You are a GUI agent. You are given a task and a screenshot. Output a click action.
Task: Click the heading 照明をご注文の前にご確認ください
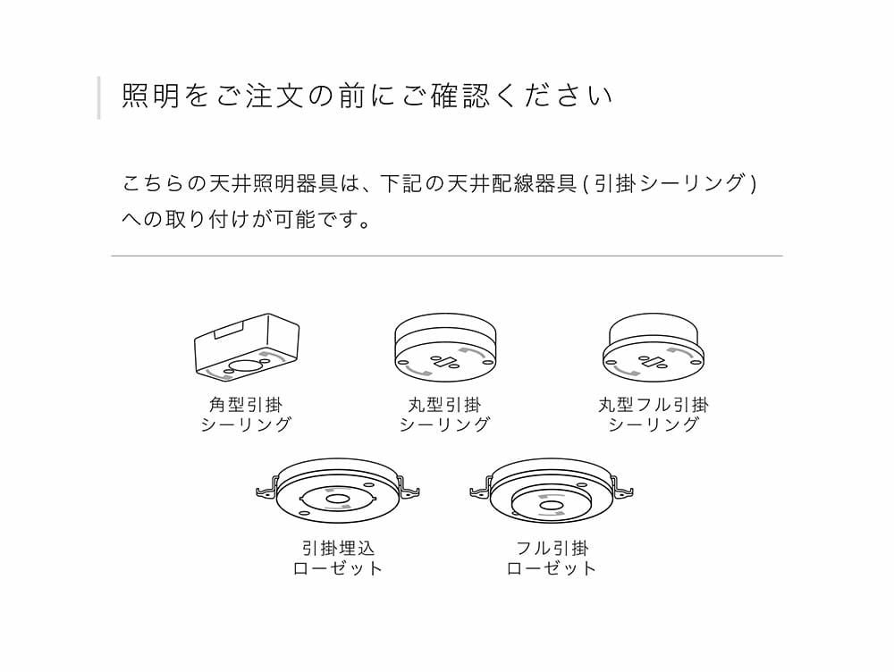point(367,97)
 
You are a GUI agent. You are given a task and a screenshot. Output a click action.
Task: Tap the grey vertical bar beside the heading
point(99,97)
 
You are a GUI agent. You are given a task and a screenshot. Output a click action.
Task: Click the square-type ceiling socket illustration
point(247,346)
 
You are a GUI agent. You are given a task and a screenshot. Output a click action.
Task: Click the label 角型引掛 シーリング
point(247,415)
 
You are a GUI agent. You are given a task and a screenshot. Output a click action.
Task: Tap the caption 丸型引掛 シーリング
point(444,415)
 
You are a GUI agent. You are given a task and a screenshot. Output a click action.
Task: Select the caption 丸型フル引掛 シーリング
point(654,415)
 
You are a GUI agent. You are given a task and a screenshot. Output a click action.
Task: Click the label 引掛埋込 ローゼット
point(338,558)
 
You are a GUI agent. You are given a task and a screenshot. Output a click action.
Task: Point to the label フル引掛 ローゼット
point(552,558)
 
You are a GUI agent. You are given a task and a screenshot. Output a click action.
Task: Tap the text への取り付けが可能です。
point(247,219)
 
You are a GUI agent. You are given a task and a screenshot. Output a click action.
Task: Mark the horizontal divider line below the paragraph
point(447,256)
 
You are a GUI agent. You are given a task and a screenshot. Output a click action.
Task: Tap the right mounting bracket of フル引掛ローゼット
point(624,490)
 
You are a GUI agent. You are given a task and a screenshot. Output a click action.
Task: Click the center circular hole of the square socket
point(246,365)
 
